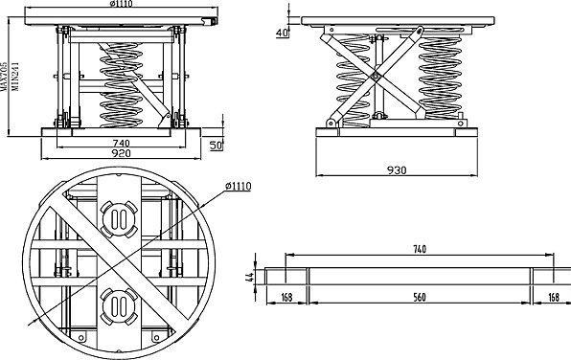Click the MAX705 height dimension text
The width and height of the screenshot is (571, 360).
click(3, 76)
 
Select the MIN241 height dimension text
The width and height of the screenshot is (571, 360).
click(15, 77)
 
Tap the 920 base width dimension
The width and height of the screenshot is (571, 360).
click(121, 153)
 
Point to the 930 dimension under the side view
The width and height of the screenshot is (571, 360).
click(397, 170)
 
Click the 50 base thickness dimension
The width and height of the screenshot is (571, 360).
click(216, 146)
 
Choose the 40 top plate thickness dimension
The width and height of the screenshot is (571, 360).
click(283, 34)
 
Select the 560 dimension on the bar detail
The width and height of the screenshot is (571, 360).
click(419, 298)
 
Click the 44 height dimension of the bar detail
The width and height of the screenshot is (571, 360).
click(249, 278)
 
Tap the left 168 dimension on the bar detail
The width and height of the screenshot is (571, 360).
click(287, 298)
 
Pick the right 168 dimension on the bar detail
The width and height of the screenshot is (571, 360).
click(553, 298)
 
